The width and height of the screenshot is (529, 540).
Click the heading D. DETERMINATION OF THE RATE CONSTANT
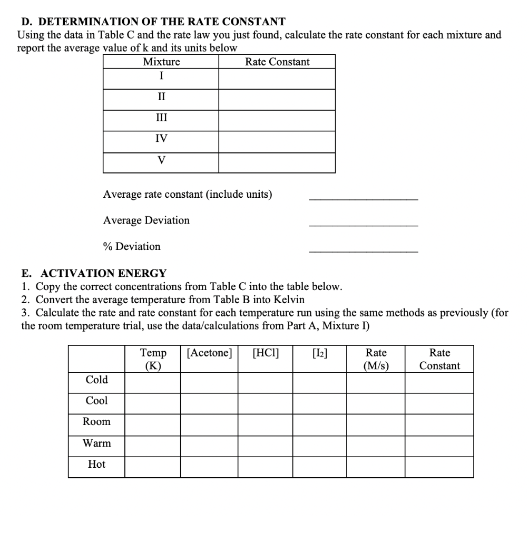[153, 22]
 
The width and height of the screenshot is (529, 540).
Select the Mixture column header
[161, 62]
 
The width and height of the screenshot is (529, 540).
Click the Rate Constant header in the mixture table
[277, 62]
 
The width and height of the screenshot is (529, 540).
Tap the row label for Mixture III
[161, 118]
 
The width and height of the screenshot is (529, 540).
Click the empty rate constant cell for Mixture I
[277, 79]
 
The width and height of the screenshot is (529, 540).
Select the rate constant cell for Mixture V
[277, 163]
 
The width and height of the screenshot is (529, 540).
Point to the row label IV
[161, 139]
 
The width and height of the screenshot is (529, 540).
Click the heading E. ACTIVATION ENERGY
[94, 273]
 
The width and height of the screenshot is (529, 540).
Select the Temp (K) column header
[153, 359]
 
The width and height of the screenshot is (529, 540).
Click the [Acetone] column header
[209, 353]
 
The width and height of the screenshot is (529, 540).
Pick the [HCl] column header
[266, 353]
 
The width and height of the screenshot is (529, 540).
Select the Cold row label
[96, 380]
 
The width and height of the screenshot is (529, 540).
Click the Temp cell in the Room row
[153, 425]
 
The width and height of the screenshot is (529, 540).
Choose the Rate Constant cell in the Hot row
[439, 467]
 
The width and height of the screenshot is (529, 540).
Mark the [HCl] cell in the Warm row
[266, 446]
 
